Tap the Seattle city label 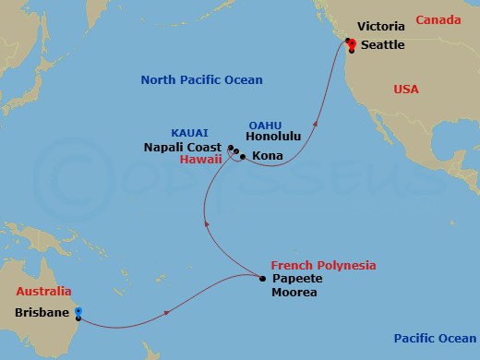[381, 44]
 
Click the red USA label [406, 89]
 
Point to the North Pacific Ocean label [201, 80]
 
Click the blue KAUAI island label [189, 132]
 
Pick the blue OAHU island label [265, 126]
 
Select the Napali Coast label [183, 147]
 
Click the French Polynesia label [323, 265]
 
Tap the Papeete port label [294, 279]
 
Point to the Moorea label [294, 293]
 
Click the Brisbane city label [42, 312]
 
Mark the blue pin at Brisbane [78, 313]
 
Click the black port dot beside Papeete [263, 278]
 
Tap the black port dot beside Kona [242, 157]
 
